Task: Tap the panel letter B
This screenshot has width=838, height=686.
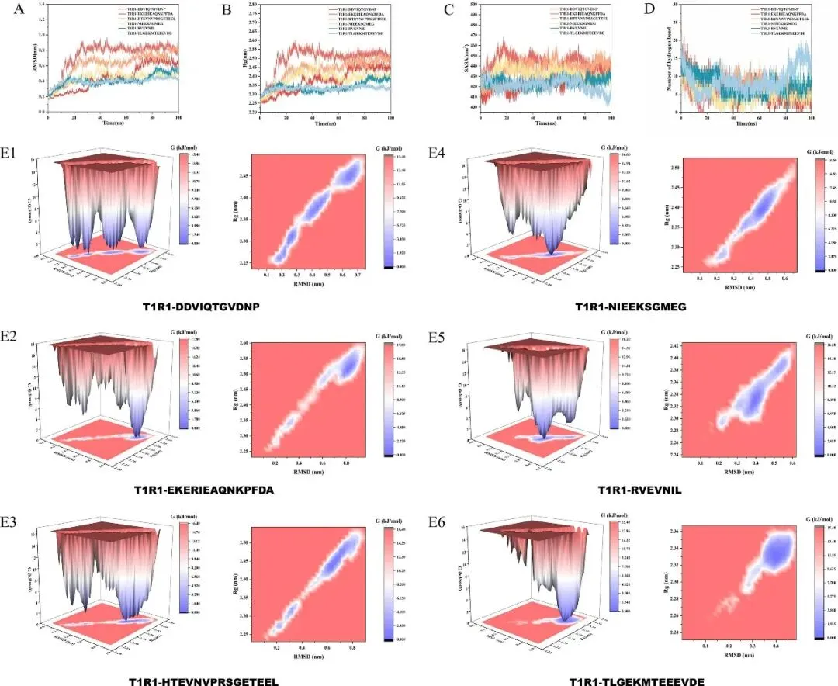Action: coord(227,10)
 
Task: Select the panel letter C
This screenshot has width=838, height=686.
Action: coord(448,10)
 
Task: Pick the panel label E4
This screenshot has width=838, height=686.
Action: coord(436,155)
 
